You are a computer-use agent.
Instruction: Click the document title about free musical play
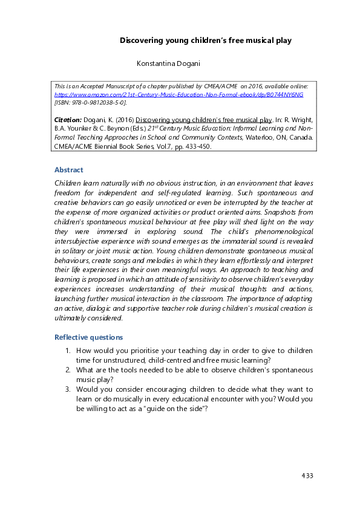tap(206, 41)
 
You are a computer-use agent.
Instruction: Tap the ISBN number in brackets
tap(91, 103)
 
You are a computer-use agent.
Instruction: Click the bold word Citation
tap(68, 120)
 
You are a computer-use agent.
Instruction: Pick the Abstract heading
tap(69, 170)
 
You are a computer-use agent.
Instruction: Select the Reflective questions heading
tap(88, 337)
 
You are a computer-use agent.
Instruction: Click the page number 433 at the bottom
tap(307, 476)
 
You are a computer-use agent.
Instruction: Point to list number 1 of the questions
tap(68, 351)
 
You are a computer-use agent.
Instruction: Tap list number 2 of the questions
tap(68, 369)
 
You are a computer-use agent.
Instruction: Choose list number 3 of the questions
tap(68, 389)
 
